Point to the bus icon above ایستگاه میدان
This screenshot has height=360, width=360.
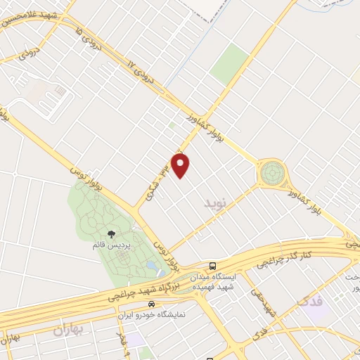[x=213, y=266]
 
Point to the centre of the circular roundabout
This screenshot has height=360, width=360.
[x=271, y=171]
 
